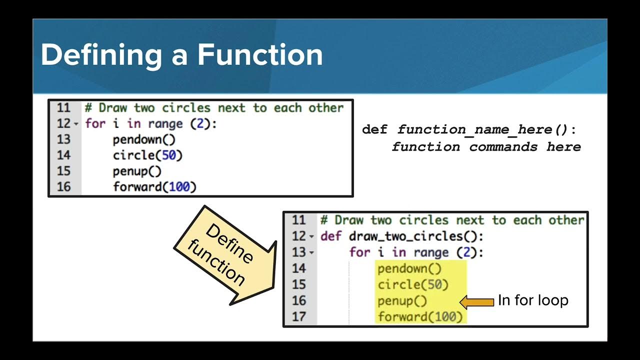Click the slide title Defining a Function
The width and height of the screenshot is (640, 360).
(x=181, y=55)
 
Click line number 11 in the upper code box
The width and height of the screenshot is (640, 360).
(x=63, y=108)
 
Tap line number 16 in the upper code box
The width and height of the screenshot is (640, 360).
(x=63, y=187)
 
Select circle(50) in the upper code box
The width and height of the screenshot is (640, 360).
(x=147, y=155)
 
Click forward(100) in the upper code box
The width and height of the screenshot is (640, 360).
(x=154, y=187)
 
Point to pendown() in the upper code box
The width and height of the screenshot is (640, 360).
(x=144, y=139)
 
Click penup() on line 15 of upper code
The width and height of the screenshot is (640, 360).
(x=137, y=171)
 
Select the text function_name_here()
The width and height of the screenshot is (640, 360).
(x=483, y=129)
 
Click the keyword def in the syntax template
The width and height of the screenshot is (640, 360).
(x=374, y=129)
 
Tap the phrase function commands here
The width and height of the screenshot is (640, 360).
(x=486, y=146)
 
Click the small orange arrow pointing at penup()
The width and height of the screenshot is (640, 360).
(x=476, y=301)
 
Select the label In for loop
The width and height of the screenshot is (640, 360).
(x=533, y=300)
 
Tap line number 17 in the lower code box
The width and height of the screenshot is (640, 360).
(x=298, y=316)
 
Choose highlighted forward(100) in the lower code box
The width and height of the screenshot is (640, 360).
(x=420, y=316)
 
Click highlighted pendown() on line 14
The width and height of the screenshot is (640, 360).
(x=409, y=268)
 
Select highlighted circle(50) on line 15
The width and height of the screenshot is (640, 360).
(x=413, y=284)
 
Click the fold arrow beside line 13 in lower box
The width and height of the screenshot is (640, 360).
(x=311, y=252)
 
